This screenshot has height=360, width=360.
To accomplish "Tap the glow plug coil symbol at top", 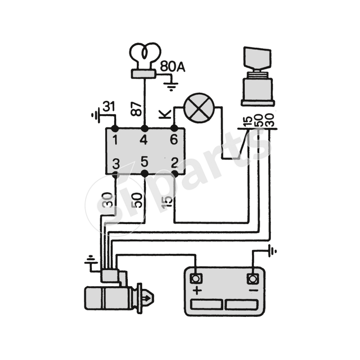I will coord(144,54).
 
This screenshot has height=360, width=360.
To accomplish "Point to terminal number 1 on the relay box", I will coord(115,140).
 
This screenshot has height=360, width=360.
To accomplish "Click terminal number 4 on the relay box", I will coord(144,140).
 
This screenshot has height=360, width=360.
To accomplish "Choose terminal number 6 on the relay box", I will coord(174,140).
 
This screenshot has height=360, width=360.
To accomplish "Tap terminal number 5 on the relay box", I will coord(144,161).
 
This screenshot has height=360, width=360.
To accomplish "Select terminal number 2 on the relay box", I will coord(173,162).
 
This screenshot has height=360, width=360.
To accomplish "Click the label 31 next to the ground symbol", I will coord(108,107).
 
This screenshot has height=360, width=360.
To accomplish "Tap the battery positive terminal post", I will coord(196,278).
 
